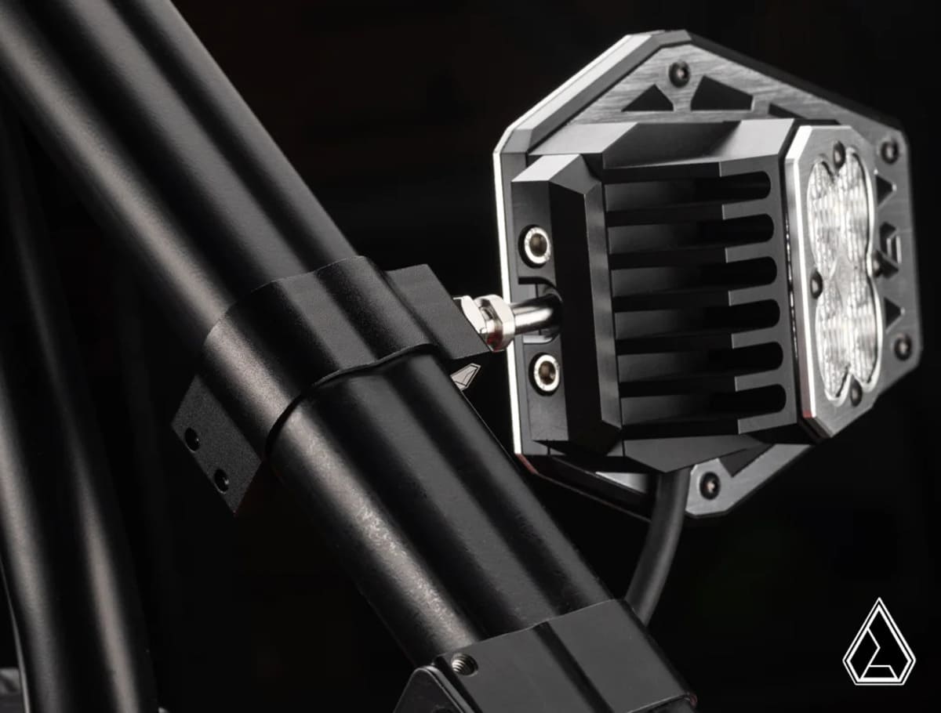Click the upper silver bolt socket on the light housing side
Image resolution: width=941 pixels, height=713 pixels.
point(537,245)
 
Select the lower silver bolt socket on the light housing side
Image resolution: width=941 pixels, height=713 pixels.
point(544,372)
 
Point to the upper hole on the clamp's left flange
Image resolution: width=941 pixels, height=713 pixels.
point(191,440)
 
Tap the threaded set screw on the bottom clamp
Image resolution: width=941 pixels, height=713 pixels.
point(463,665)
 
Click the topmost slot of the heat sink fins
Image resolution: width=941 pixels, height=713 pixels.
point(690,186)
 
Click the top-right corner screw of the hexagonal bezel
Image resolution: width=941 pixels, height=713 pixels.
point(888,150)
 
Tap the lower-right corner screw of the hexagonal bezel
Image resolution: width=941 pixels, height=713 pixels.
point(902,346)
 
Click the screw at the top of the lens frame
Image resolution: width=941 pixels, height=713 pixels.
point(838,154)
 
